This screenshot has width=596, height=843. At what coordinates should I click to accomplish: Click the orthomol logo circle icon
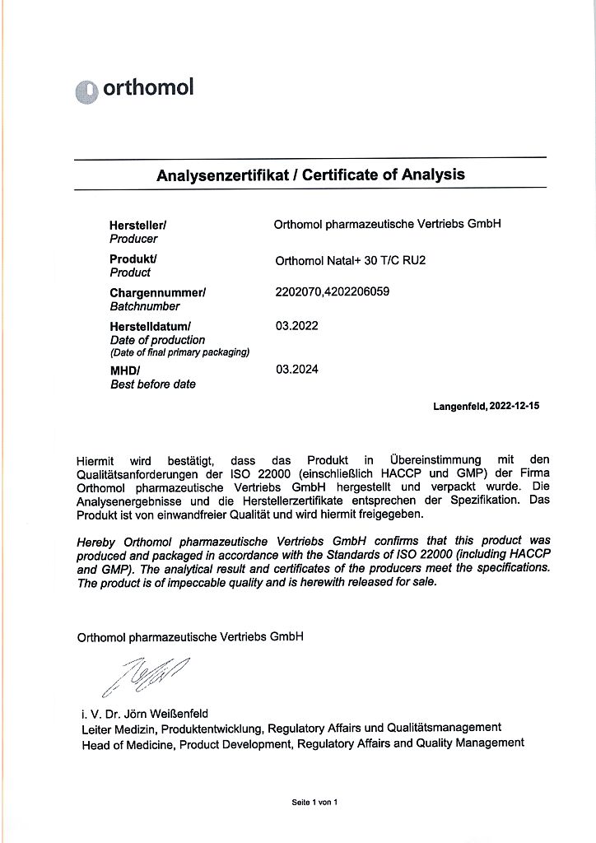(86, 92)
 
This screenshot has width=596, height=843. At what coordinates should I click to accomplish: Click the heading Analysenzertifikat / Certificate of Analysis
(310, 175)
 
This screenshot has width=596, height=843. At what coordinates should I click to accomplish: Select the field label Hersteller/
(138, 225)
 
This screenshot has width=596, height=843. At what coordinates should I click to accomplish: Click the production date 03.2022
(297, 326)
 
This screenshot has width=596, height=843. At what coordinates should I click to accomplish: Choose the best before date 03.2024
(297, 370)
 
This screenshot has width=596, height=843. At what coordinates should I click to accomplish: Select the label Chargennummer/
(157, 292)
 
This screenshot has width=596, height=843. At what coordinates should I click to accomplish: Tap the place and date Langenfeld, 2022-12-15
(486, 406)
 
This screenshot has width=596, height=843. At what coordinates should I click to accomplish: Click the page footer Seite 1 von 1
(314, 801)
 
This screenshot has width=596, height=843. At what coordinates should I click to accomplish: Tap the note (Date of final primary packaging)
(179, 352)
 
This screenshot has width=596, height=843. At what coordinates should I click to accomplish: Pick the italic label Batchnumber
(145, 306)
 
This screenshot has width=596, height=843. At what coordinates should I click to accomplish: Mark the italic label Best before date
(153, 384)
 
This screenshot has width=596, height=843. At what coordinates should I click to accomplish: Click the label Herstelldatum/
(150, 326)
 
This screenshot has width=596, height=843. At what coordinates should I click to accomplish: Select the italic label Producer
(133, 239)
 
